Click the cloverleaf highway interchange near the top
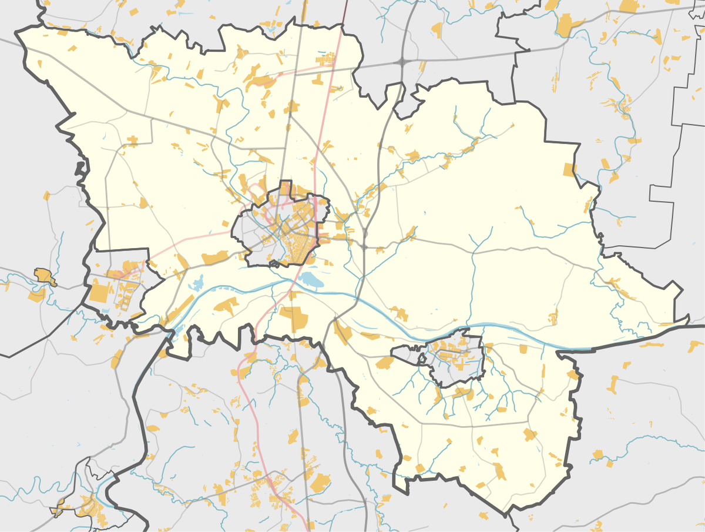(403, 61)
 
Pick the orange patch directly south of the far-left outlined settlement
(36, 295)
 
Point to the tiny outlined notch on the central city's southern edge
(274, 264)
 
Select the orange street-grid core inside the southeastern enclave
(455, 353)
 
